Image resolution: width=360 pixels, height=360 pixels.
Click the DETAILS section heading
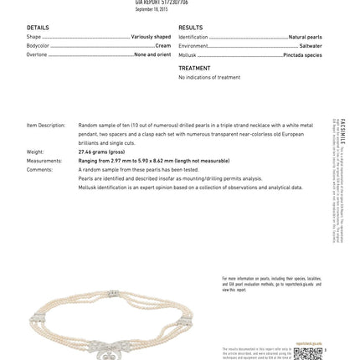pyautogui.click(x=38, y=28)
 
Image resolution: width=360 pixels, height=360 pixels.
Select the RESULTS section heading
pyautogui.click(x=190, y=28)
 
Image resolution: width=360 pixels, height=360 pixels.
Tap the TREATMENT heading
pyautogui.click(x=194, y=69)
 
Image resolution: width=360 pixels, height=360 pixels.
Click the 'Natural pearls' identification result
pyautogui.click(x=305, y=37)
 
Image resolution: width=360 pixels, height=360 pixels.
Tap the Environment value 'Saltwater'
pyautogui.click(x=311, y=46)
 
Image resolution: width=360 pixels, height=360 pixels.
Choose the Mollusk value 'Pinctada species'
pyautogui.click(x=304, y=54)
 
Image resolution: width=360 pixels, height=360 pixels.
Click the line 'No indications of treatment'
pyautogui.click(x=198, y=77)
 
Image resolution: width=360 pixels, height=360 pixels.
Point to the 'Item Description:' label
pyautogui.click(x=45, y=126)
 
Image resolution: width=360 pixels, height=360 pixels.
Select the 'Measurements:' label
pyautogui.click(x=44, y=160)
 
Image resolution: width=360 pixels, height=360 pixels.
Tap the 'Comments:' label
pyautogui.click(x=39, y=169)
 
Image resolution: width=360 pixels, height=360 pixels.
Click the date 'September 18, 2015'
pyautogui.click(x=152, y=9)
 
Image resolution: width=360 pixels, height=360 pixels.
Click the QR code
pyautogui.click(x=308, y=352)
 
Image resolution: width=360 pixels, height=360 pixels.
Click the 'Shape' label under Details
pyautogui.click(x=33, y=37)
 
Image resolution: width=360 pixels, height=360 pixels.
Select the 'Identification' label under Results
pyautogui.click(x=193, y=37)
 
